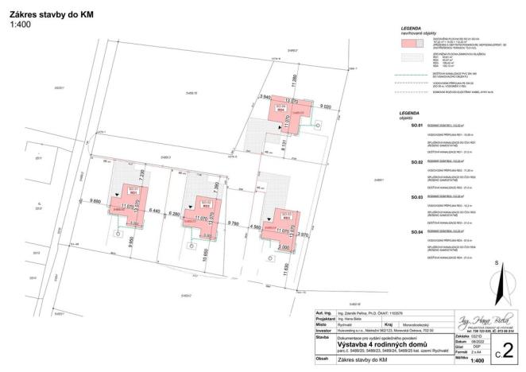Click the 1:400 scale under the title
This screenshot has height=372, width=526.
coord(19,25)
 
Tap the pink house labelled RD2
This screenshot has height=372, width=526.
coord(200,211)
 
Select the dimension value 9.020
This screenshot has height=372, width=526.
coord(325,106)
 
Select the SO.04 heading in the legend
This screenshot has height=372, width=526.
coord(416,231)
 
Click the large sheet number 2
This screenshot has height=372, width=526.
coord(508,347)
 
